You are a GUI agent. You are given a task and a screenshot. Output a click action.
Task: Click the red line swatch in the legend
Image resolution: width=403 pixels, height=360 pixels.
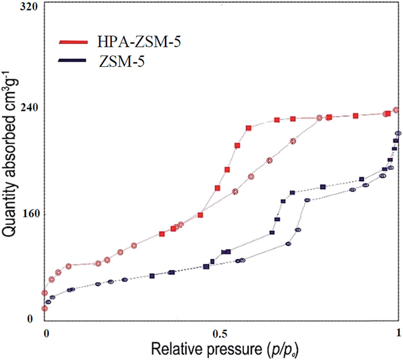pyautogui.click(x=73, y=42)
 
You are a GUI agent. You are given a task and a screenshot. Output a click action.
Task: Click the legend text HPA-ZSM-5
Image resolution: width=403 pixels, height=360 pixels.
pyautogui.click(x=139, y=42)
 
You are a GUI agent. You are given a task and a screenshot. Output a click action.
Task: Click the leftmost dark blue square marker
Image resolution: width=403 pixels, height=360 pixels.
pyautogui.click(x=152, y=276)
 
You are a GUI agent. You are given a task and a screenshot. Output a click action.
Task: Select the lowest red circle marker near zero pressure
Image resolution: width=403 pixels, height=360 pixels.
pyautogui.click(x=45, y=308)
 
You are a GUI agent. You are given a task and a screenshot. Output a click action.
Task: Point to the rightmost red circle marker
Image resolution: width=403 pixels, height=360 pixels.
pyautogui.click(x=396, y=110)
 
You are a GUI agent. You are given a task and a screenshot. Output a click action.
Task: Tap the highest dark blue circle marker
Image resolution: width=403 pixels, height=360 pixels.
pyautogui.click(x=398, y=133)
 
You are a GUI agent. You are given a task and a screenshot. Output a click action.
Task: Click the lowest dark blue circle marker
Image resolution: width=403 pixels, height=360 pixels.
pyautogui.click(x=48, y=302)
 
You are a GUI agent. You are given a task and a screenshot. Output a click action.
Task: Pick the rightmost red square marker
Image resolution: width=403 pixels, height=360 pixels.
pyautogui.click(x=388, y=113)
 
